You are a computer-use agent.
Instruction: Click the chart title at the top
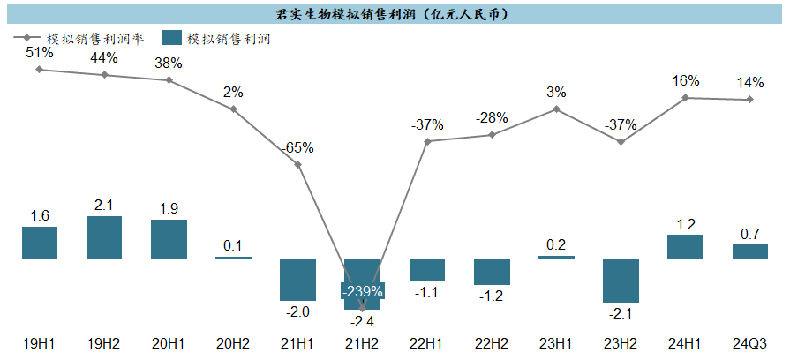pyautogui.click(x=395, y=14)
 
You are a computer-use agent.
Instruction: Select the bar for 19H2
pyautogui.click(x=104, y=237)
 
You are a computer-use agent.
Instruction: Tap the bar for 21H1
pyautogui.click(x=297, y=280)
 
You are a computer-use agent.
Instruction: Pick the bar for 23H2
pyautogui.click(x=621, y=281)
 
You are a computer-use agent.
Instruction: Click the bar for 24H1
pyautogui.click(x=685, y=247)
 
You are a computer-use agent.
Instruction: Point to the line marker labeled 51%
pyautogui.click(x=40, y=69)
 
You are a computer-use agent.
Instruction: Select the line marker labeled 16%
pyautogui.click(x=685, y=98)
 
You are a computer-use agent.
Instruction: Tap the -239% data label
pyautogui.click(x=363, y=291)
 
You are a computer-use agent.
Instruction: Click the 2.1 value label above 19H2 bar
pyautogui.click(x=104, y=206)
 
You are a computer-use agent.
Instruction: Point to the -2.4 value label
pyautogui.click(x=363, y=320)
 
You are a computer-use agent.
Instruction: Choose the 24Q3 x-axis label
pyautogui.click(x=749, y=342)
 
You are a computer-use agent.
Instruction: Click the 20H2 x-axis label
pyautogui.click(x=233, y=342)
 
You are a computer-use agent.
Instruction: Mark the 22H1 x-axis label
pyautogui.click(x=427, y=342)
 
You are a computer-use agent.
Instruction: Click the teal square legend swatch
pyautogui.click(x=172, y=39)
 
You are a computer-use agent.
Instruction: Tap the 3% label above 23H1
pyautogui.click(x=556, y=92)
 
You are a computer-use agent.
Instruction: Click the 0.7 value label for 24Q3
pyautogui.click(x=749, y=234)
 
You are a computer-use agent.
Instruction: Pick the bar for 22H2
pyautogui.click(x=492, y=272)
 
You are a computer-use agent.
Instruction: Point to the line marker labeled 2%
pyautogui.click(x=233, y=109)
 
